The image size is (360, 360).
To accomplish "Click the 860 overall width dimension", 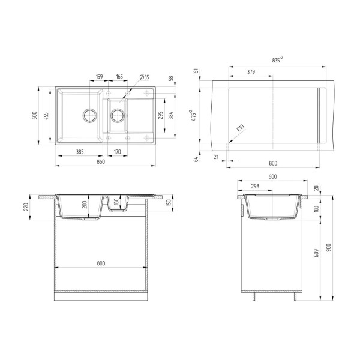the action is pos(101,161).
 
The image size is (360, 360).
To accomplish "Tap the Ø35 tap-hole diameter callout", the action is pos(144,77).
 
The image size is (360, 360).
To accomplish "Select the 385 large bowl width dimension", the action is pos(80,152).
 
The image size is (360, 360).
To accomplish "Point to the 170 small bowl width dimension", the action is pos(117,152).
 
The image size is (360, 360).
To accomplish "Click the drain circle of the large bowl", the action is pos(90,115).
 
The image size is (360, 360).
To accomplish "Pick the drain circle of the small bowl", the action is pos(118,115).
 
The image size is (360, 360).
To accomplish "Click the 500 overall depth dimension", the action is pos(35,115).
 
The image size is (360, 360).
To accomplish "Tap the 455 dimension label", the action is pos(46,116).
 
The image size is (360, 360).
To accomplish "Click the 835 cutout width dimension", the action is pos(277,60).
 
